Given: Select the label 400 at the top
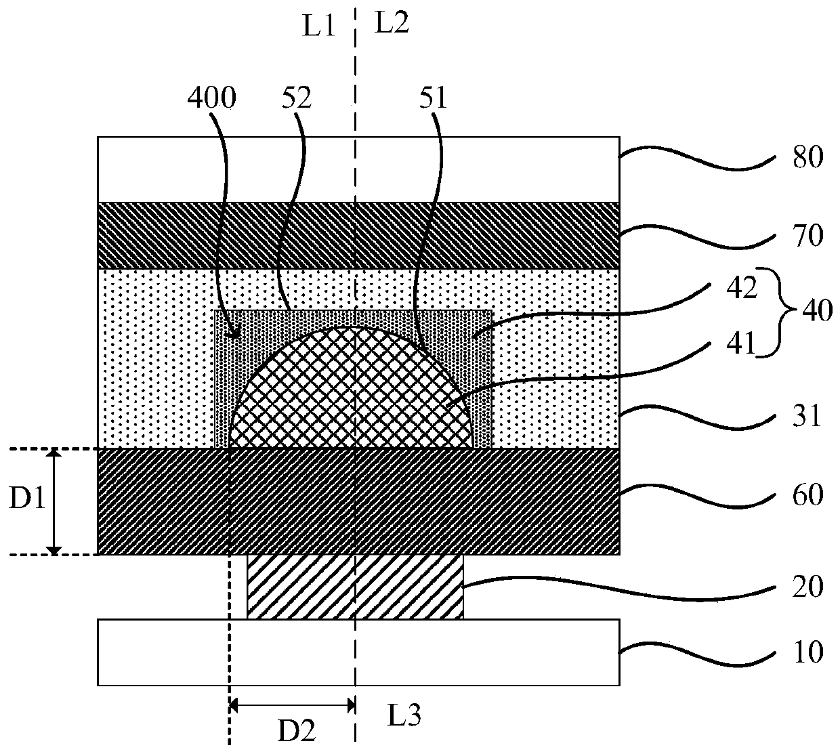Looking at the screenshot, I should point(211,100).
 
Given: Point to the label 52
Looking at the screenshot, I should point(295,100).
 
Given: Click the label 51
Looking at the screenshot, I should point(434,100).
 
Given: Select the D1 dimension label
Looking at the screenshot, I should point(26,501).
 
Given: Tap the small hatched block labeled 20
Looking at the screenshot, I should point(355,587).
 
